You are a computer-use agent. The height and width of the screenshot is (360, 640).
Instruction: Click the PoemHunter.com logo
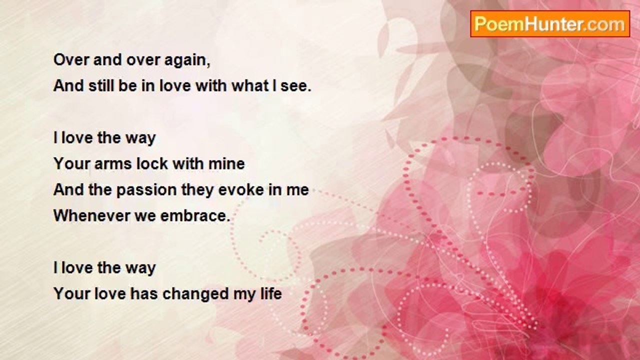(x=550, y=24)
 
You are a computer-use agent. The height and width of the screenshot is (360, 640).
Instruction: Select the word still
(x=101, y=85)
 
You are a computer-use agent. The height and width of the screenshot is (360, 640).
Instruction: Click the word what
(x=250, y=85)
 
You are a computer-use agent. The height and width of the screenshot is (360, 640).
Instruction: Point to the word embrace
(x=195, y=215)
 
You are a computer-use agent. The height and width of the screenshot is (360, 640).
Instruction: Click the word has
(x=144, y=293)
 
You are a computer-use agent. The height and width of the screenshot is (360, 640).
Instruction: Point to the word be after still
(x=127, y=85)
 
